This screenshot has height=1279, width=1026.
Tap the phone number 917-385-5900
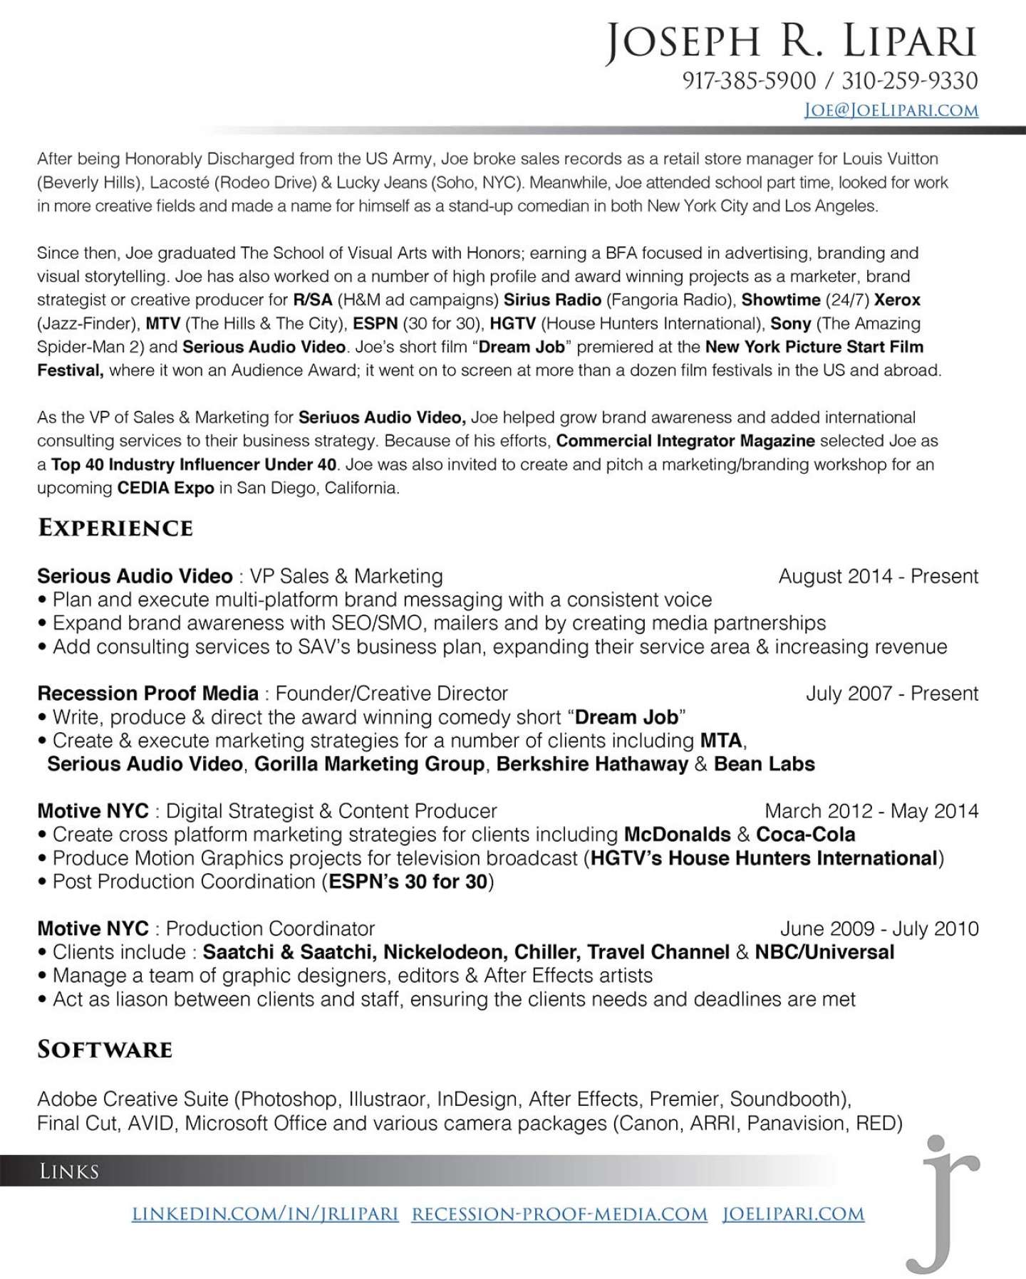749,80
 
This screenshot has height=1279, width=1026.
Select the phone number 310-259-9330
910,80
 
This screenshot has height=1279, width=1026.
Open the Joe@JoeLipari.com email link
891,110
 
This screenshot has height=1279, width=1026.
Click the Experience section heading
115,528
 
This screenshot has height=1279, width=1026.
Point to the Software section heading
105,1050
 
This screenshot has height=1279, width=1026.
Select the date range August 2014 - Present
879,576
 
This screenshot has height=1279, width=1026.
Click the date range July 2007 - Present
892,694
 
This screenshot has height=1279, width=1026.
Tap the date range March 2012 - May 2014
871,811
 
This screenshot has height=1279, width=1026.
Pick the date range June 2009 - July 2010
879,929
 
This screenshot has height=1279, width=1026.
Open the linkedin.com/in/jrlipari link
265,1214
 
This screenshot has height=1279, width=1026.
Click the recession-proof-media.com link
559,1214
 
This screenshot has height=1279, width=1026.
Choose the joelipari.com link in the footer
793,1214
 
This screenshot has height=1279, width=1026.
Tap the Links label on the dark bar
69,1171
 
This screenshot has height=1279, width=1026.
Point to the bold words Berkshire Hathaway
592,764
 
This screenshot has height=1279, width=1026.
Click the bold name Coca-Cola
805,835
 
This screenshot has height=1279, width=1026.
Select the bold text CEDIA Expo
166,488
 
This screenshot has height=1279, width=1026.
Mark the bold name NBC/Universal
824,952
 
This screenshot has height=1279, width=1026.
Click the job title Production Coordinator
270,929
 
